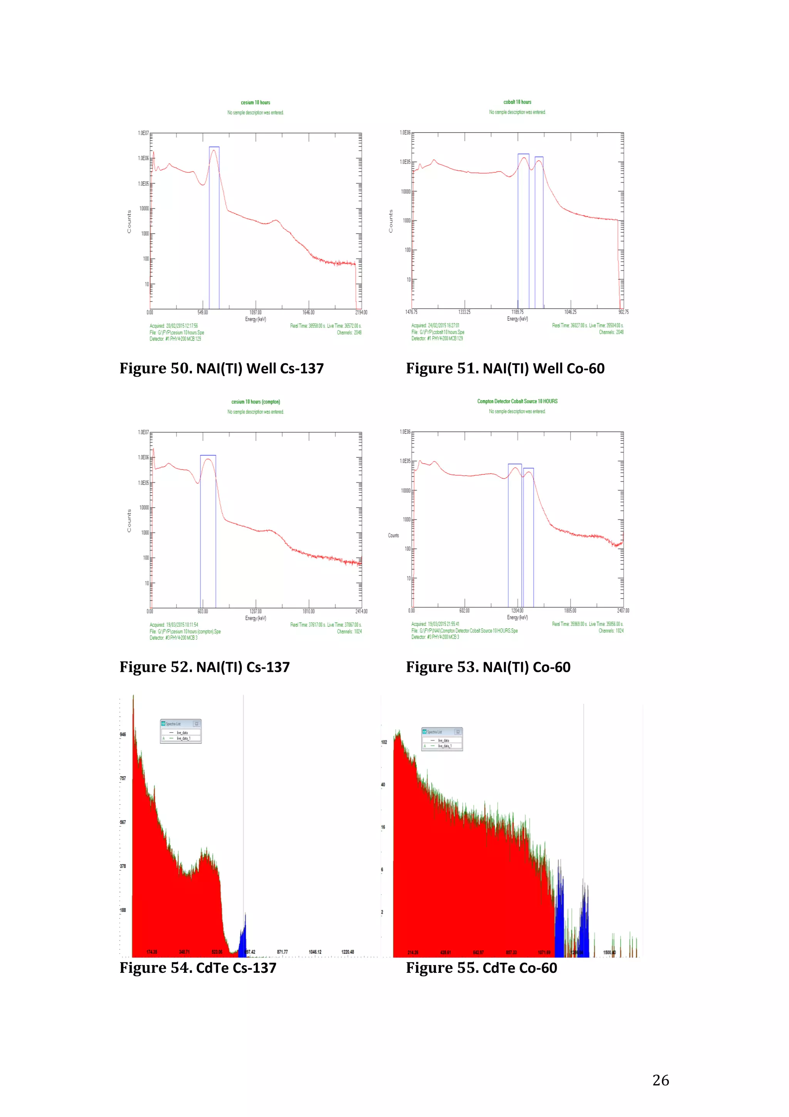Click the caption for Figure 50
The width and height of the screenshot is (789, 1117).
(x=222, y=368)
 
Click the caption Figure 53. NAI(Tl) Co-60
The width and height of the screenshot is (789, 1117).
(x=488, y=667)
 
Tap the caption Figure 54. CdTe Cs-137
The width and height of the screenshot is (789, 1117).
(x=198, y=968)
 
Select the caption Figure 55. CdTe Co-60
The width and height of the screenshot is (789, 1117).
(x=481, y=968)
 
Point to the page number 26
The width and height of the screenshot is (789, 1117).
(x=660, y=1080)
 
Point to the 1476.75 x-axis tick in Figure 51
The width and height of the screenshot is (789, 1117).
(x=411, y=312)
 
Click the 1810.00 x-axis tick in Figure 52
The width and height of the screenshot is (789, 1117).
(x=308, y=611)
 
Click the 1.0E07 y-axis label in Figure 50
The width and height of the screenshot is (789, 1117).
(x=143, y=133)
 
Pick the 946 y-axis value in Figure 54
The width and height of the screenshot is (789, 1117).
(x=123, y=734)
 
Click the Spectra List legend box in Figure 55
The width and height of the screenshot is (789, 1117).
(x=442, y=739)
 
